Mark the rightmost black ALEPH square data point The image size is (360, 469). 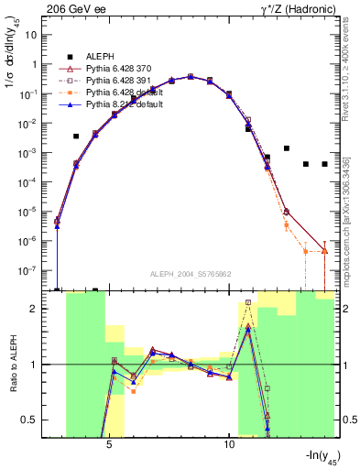tap(325, 164)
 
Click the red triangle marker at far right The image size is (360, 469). tap(325, 250)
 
